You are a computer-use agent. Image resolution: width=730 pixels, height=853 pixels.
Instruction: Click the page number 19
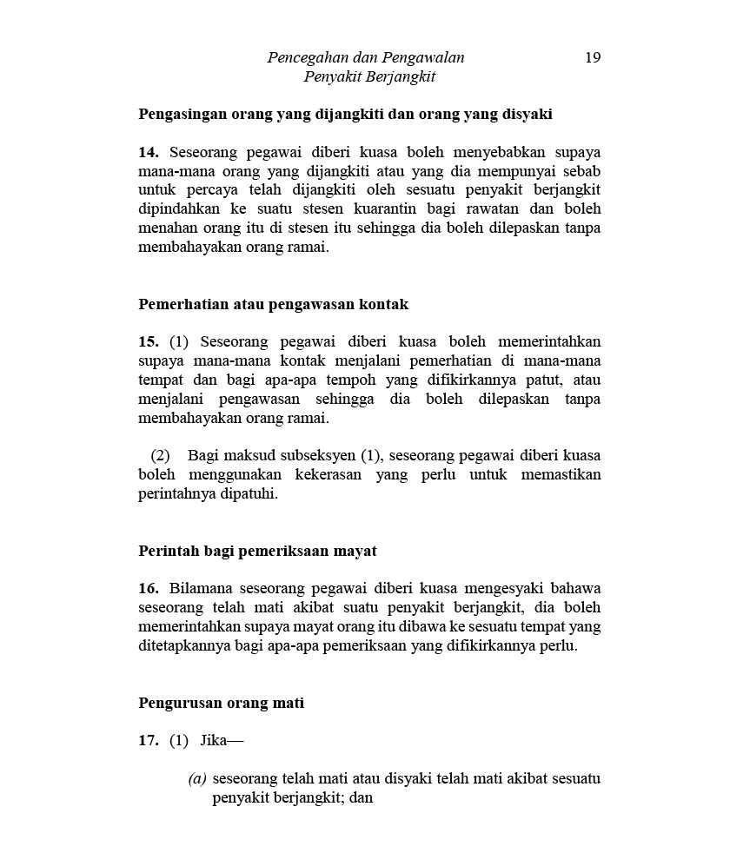pos(593,58)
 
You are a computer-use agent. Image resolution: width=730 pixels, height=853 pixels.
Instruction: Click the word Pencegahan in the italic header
pos(304,58)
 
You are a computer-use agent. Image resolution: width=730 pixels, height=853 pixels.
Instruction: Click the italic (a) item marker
pos(197,779)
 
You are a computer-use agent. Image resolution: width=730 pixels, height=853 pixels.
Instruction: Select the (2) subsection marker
pos(161,455)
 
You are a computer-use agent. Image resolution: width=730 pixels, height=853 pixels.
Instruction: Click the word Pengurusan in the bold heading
pos(179,703)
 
